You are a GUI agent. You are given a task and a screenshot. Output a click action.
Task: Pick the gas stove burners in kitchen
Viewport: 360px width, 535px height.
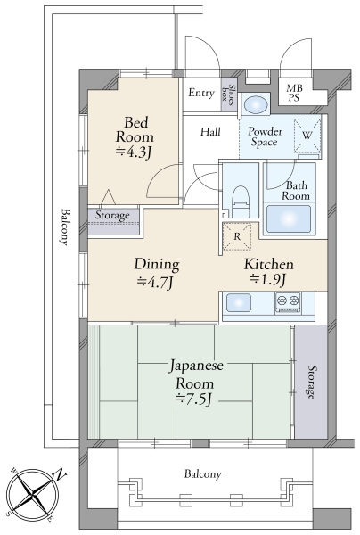[x=290, y=302]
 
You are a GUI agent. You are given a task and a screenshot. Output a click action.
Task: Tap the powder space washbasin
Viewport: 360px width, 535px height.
[x=256, y=105]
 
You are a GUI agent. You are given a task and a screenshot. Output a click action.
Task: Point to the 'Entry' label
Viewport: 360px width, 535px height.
[x=200, y=93]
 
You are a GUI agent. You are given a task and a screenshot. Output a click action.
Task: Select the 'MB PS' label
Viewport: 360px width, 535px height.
[x=293, y=93]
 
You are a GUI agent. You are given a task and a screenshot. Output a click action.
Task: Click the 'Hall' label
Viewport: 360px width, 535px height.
[x=210, y=133]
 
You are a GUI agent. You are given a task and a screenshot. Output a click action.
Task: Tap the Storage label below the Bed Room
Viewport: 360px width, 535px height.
[x=112, y=216]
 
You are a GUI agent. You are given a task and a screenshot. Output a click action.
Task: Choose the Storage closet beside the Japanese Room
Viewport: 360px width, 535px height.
[x=310, y=383]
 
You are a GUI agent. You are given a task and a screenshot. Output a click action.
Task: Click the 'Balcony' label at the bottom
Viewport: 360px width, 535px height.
[x=203, y=474]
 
